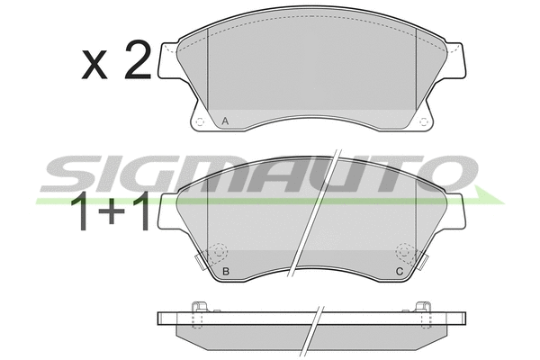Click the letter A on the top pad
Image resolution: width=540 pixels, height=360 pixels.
(x=225, y=121)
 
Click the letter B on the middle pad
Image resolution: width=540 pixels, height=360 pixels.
(x=226, y=272)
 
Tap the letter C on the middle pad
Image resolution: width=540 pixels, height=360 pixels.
(x=399, y=272)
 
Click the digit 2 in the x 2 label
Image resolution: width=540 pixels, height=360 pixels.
(x=138, y=59)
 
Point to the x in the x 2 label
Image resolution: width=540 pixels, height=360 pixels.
(x=94, y=65)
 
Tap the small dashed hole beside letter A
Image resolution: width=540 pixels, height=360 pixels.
(x=200, y=121)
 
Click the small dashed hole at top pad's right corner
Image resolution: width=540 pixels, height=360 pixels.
(x=424, y=121)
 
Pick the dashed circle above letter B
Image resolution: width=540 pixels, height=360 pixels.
(x=220, y=251)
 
